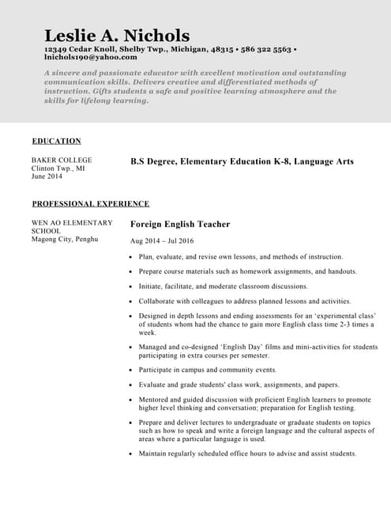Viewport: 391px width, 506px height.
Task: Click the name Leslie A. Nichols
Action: coord(117,36)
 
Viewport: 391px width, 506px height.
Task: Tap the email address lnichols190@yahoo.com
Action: coord(91,57)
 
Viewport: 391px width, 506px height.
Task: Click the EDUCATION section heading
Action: coord(56,142)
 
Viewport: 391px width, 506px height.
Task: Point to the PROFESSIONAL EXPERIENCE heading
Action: coord(91,204)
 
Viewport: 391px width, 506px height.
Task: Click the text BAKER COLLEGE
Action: coord(62,160)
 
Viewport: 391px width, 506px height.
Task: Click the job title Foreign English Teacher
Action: coord(180,225)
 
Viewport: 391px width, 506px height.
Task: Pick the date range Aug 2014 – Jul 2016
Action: coord(162,241)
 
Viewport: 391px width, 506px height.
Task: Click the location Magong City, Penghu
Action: coord(65,239)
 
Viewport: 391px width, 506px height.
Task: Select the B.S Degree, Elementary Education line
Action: coord(242,161)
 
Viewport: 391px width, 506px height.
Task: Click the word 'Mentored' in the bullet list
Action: coord(156,400)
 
